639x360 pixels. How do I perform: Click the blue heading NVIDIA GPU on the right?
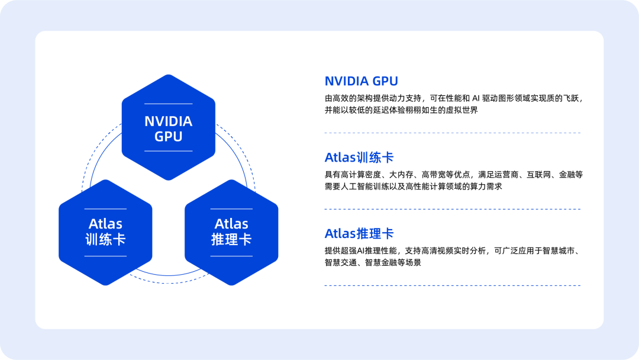point(361,81)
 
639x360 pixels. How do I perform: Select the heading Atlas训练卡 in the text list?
point(359,157)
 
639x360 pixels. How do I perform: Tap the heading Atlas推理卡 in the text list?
point(359,234)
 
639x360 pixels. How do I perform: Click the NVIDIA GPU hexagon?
point(168,127)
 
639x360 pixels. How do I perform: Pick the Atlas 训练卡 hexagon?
point(105,232)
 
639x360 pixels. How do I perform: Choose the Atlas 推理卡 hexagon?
point(231,232)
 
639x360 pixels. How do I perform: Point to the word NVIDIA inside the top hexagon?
point(168,121)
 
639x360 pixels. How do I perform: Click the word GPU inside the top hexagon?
point(168,137)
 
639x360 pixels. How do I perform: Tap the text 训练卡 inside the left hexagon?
point(105,239)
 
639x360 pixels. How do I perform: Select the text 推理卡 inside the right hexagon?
point(231,239)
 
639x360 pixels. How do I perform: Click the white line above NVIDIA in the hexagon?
point(168,104)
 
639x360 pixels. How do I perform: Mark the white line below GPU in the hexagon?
point(168,151)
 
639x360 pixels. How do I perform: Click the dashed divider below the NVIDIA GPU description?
point(453,133)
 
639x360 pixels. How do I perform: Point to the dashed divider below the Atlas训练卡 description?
point(453,209)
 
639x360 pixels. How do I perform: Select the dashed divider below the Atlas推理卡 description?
point(453,285)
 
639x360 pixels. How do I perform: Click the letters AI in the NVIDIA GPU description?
point(476,98)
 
